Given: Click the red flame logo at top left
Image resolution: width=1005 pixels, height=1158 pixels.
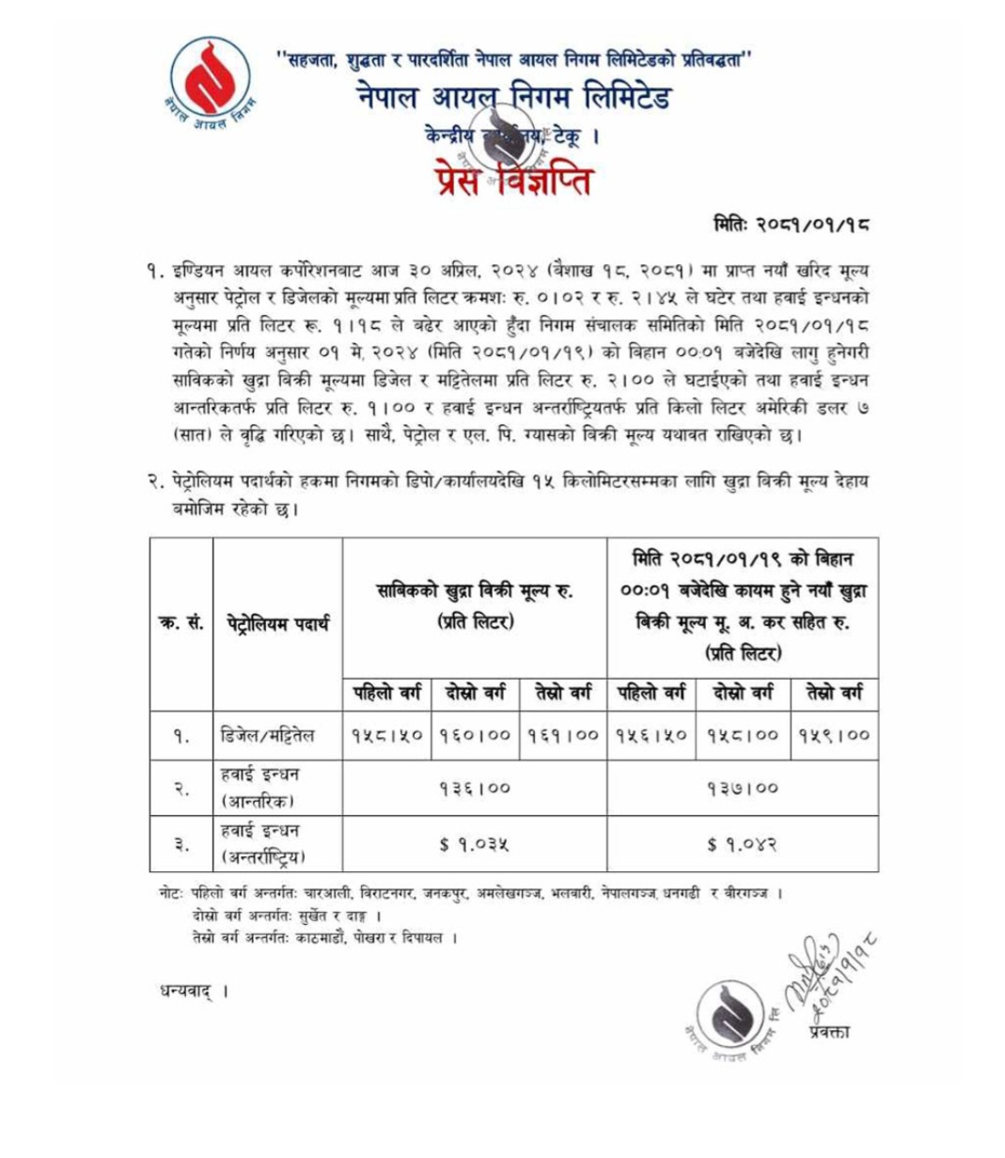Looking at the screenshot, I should point(204,82).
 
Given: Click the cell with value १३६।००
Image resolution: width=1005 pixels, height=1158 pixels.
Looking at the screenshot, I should point(475,788).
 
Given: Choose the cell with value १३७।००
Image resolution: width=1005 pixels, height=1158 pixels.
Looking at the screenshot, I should point(743,788).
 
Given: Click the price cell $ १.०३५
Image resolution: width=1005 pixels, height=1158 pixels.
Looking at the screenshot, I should point(475,844).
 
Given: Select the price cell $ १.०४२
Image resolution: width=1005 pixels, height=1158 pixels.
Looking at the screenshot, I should point(743,844).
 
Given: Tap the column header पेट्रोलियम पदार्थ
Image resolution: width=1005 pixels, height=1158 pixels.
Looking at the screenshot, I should point(278,622).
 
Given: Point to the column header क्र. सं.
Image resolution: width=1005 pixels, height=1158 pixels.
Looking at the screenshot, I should point(181,622).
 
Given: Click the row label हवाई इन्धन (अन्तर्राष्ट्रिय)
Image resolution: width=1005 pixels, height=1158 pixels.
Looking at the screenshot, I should point(264,844).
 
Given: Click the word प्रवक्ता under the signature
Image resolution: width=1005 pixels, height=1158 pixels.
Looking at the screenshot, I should point(828,1033).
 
